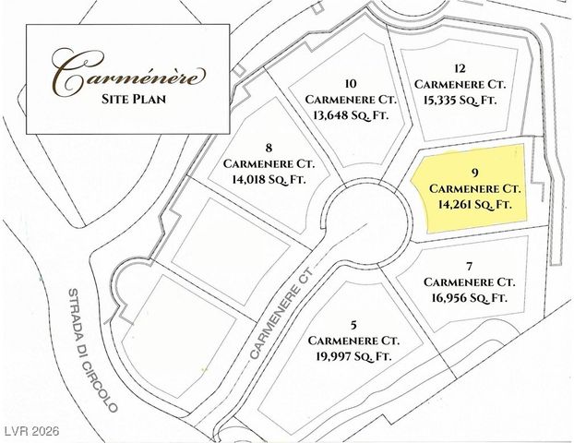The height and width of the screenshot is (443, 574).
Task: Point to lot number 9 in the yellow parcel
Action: click(x=472, y=172)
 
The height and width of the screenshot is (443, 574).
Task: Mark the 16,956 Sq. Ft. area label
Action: click(x=468, y=297)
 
